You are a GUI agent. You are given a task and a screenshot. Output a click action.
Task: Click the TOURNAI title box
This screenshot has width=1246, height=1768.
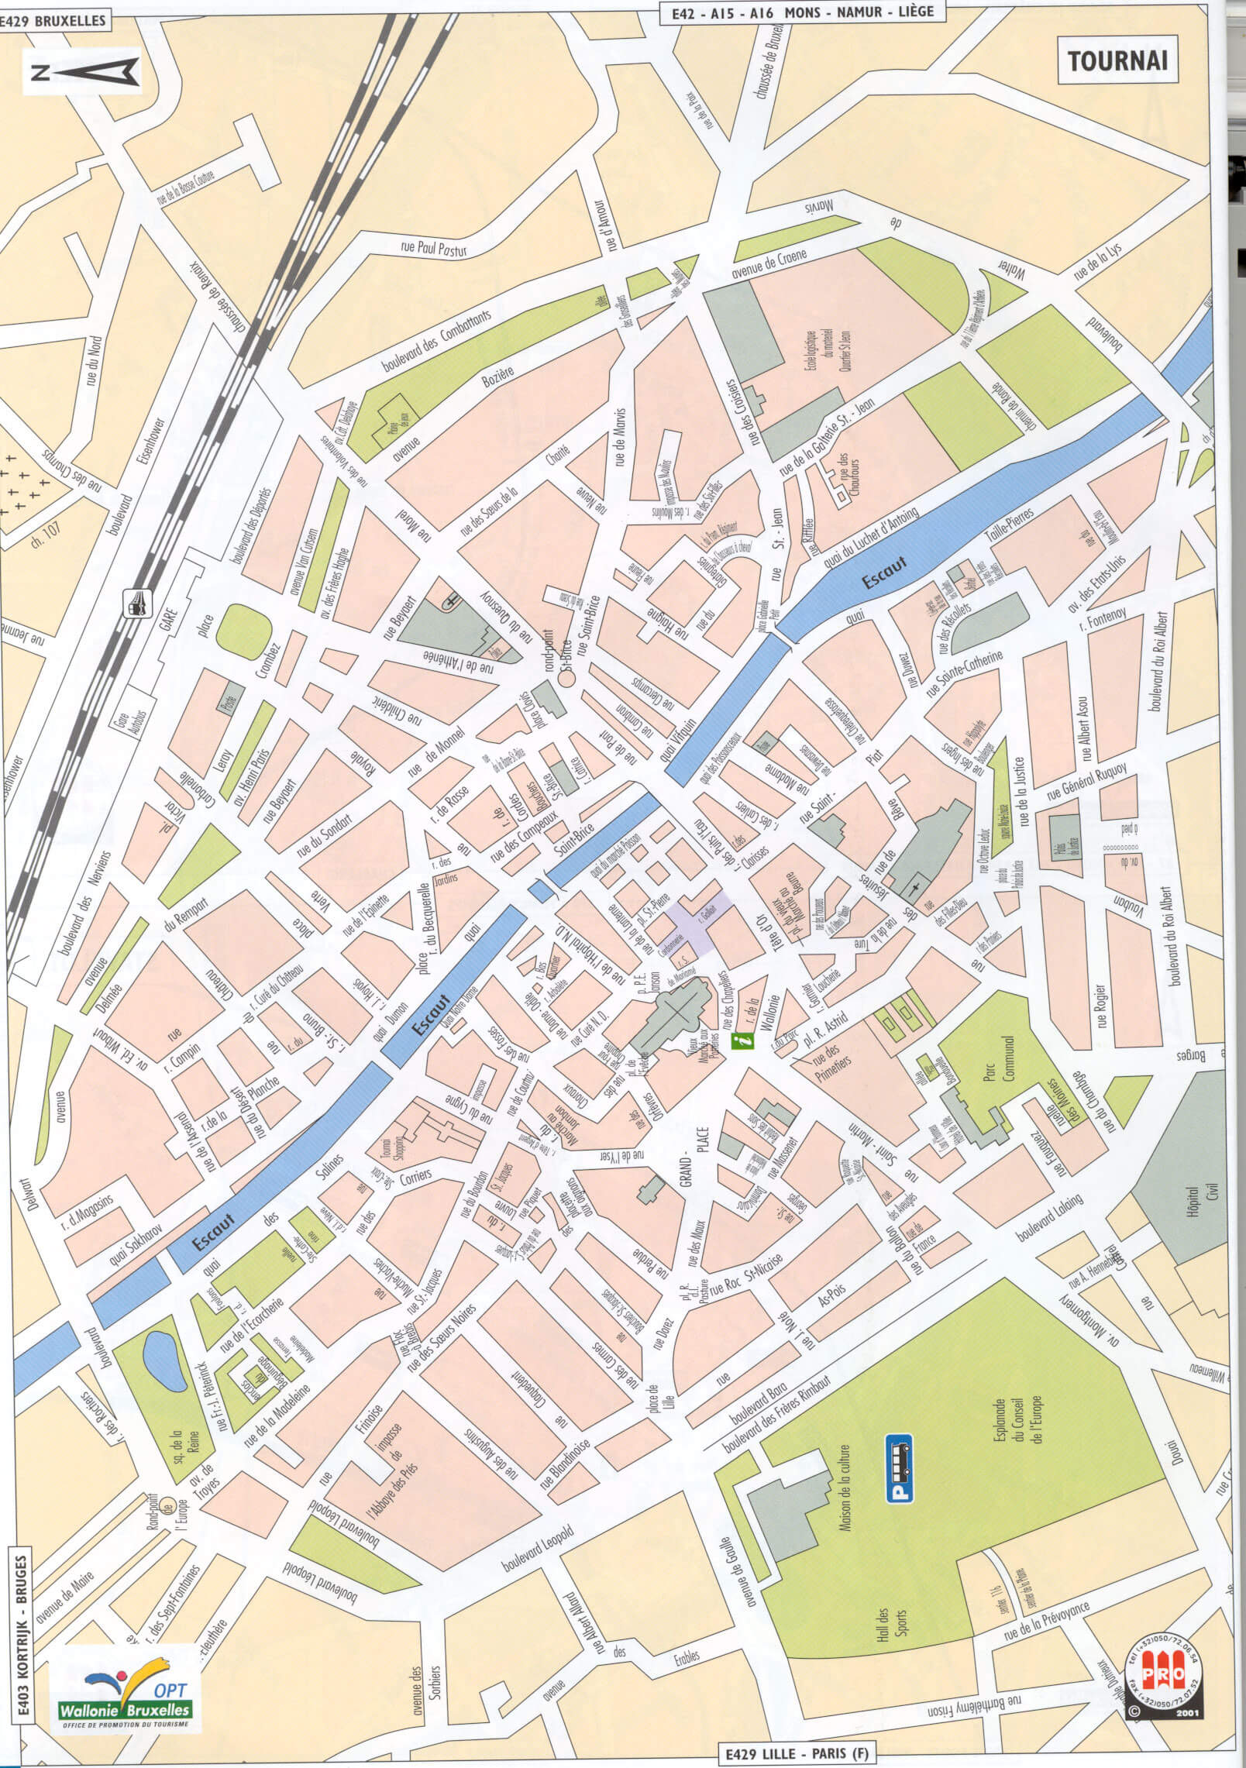[x=1117, y=61]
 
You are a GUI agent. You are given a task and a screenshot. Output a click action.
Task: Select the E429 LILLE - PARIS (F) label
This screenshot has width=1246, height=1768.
[x=797, y=1747]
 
